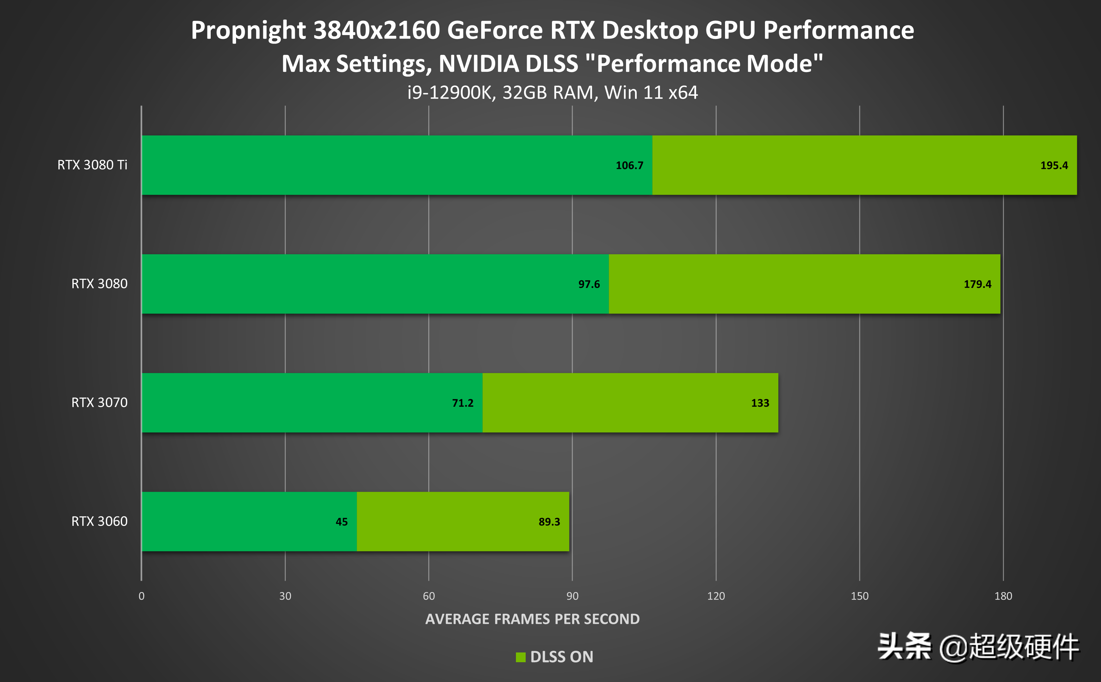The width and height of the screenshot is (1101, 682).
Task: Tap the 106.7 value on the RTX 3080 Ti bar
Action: point(629,166)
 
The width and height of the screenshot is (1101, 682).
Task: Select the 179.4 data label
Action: point(977,284)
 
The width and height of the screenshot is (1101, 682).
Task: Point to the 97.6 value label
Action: point(589,284)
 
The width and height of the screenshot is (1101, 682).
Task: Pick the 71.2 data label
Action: point(462,403)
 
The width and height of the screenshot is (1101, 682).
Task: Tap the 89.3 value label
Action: point(549,522)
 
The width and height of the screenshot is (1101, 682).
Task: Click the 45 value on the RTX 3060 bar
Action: point(342,522)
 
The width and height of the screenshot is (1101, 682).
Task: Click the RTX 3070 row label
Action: point(99,402)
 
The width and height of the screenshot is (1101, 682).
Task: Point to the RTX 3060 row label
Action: point(99,521)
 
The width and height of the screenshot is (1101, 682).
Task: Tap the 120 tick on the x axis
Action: point(716,596)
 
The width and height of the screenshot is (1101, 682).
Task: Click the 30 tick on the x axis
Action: point(285,596)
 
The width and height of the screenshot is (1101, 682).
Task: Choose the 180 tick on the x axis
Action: point(1003,596)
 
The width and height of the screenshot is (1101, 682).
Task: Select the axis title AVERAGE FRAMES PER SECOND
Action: point(532,619)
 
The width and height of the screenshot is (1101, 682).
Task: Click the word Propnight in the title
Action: point(248,31)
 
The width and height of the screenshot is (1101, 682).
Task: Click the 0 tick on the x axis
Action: point(142,596)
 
